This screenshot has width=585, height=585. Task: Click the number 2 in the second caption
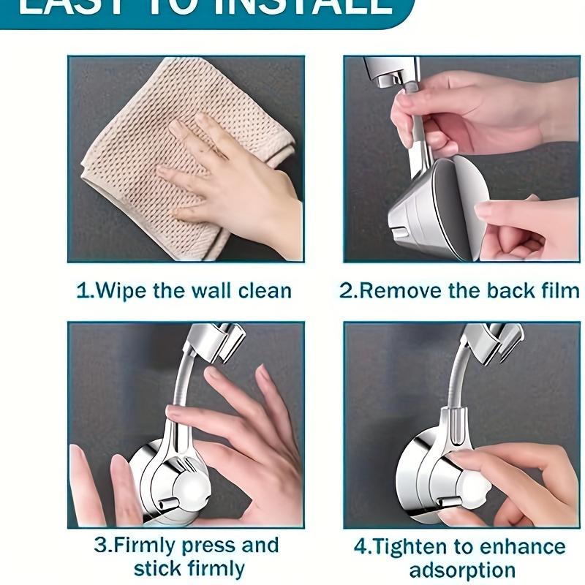(346, 290)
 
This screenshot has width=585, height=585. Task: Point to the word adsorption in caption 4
(462, 570)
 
